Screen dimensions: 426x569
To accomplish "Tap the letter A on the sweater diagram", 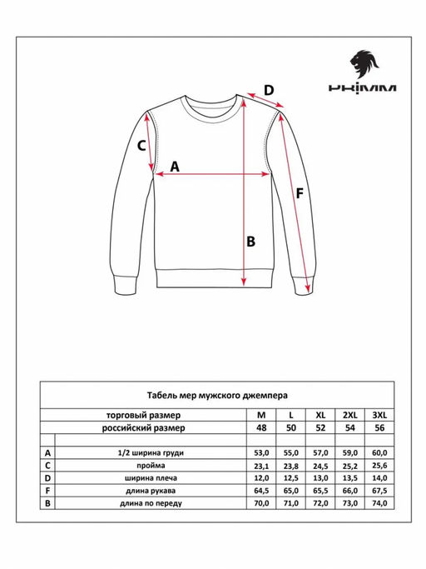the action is click(x=175, y=166).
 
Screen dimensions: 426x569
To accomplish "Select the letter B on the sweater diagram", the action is click(x=249, y=242).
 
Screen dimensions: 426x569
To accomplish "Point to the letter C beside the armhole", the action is click(x=141, y=145).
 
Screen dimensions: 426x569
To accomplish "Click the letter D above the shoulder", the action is click(x=269, y=91).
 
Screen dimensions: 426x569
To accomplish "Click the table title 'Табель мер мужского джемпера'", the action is click(x=212, y=396).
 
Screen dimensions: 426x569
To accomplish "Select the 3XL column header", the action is click(x=380, y=414).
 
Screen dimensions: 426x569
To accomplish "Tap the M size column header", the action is click(x=261, y=414).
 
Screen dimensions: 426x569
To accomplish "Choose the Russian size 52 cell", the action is click(x=320, y=427).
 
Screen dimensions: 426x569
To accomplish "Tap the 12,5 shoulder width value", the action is click(x=290, y=478).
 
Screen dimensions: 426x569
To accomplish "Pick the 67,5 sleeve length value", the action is click(x=380, y=491).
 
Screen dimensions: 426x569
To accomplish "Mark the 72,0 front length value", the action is click(x=320, y=504).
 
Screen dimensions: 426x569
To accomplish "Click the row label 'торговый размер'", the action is click(x=151, y=414).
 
